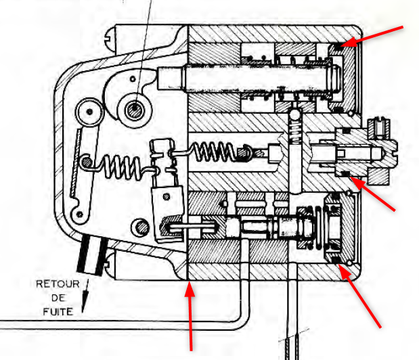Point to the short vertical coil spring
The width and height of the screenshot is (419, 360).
[294, 126]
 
